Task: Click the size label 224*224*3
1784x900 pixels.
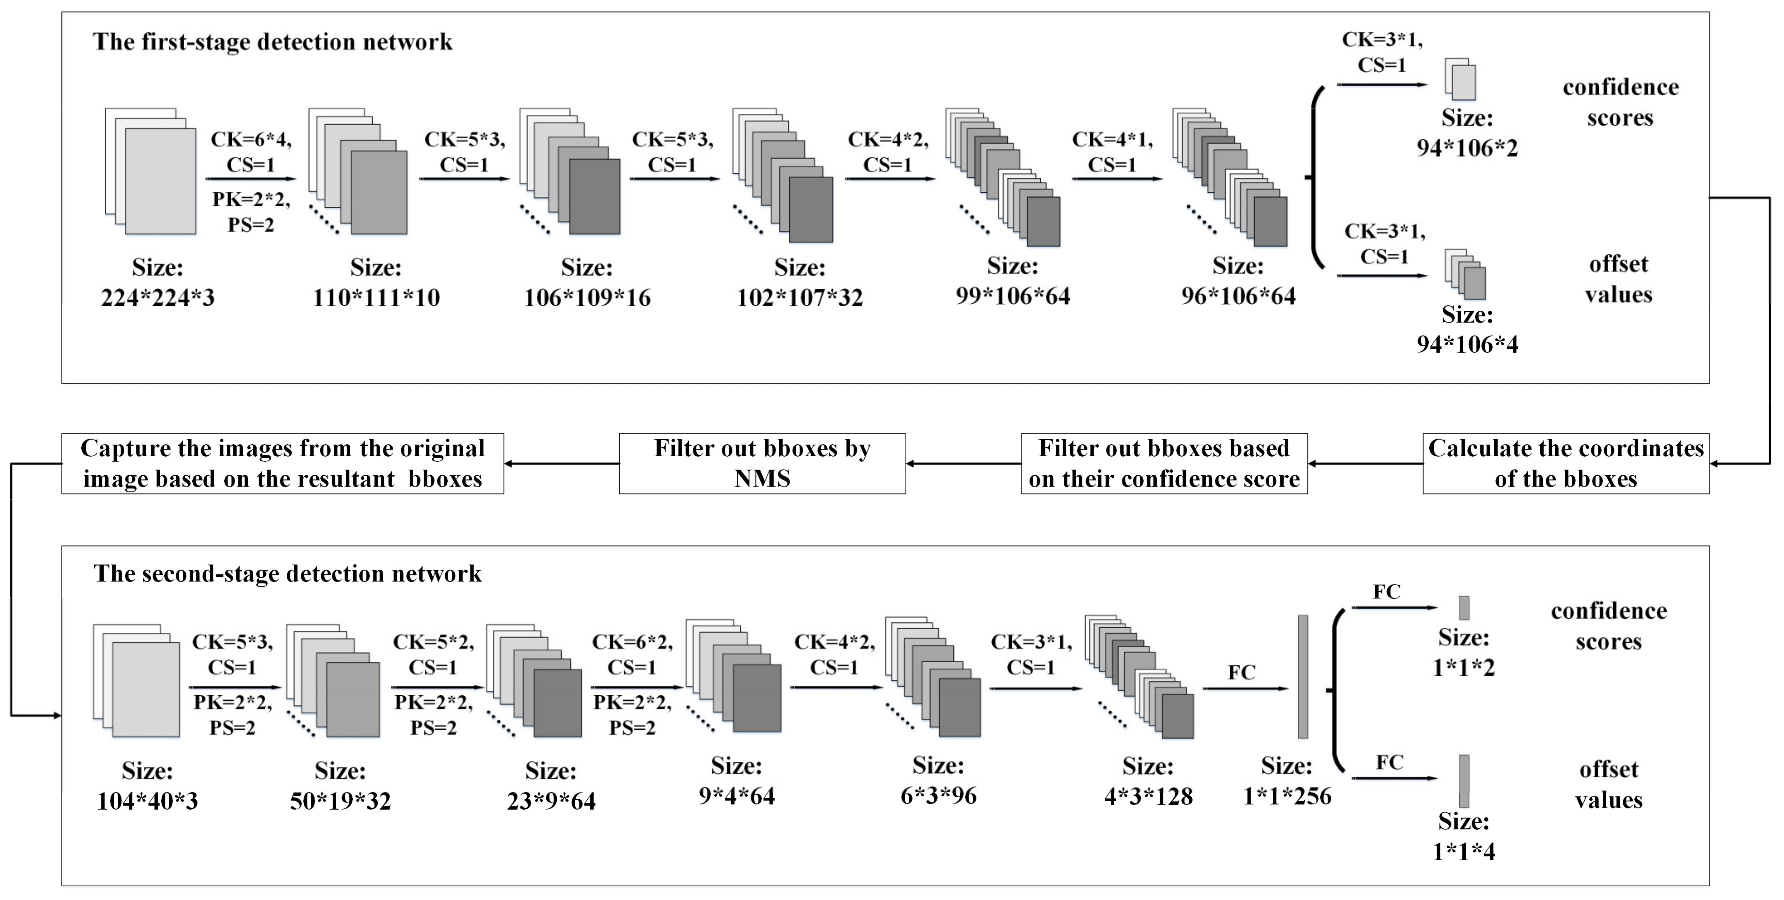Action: (158, 298)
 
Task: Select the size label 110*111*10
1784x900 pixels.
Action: (376, 298)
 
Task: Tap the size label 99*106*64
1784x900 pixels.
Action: (1013, 296)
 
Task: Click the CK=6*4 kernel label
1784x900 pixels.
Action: (251, 140)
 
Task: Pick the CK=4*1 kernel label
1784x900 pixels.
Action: (1112, 140)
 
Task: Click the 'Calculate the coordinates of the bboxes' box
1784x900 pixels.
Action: (1566, 464)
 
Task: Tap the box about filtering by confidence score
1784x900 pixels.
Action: (1164, 464)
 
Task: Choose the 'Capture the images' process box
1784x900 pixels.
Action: (283, 464)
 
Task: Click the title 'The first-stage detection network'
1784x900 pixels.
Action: (272, 42)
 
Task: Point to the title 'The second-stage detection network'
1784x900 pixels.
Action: (287, 574)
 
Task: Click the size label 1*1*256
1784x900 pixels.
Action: (1287, 796)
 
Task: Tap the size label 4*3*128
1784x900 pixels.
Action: (1148, 796)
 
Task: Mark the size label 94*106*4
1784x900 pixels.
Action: (1467, 344)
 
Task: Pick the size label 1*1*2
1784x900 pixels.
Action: (1463, 668)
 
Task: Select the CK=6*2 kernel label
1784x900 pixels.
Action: (632, 642)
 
